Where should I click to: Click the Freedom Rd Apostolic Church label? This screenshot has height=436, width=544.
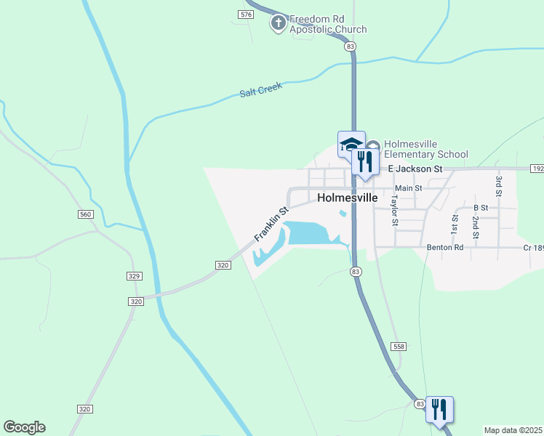328,24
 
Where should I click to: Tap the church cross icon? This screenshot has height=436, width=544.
278,24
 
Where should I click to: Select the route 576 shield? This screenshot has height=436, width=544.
246,15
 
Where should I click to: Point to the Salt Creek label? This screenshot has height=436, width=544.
260,91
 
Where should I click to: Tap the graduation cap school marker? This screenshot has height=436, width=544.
351,143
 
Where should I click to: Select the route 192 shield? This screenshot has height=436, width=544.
537,169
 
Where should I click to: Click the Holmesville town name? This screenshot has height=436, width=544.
348,198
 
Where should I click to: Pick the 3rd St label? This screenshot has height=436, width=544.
499,185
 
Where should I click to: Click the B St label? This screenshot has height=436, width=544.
481,207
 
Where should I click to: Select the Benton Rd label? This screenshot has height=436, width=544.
445,247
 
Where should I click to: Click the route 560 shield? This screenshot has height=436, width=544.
86,214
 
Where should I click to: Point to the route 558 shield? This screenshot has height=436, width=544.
397,347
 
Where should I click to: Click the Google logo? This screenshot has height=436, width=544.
24,427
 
